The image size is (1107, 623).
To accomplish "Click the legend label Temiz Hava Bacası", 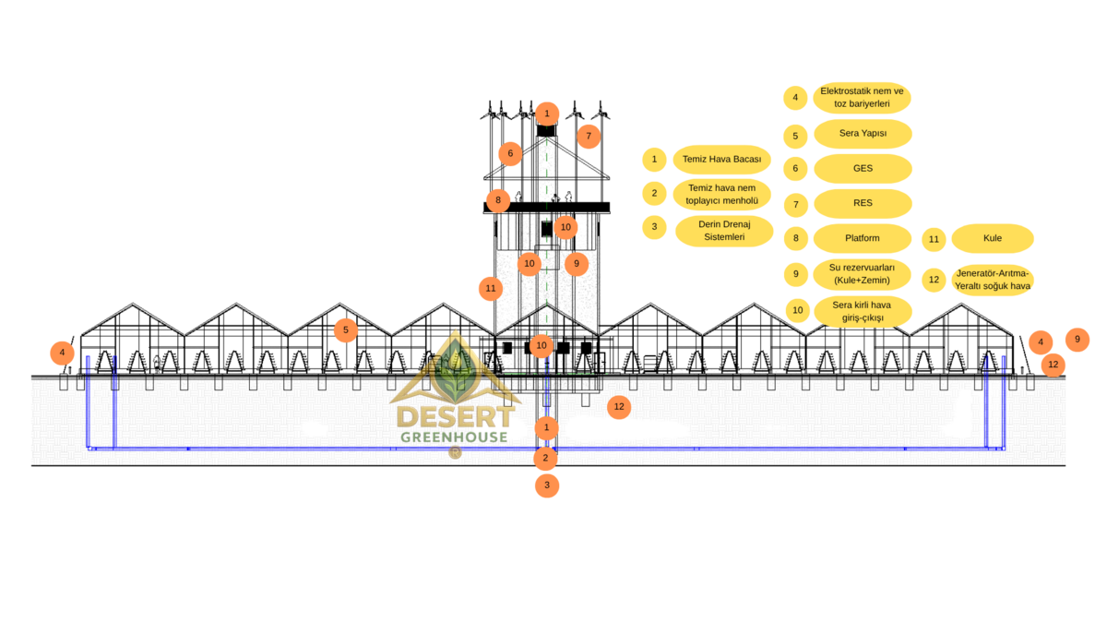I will point(721,160).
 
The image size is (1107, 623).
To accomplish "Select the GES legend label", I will point(863,169).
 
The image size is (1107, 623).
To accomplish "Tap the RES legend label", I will point(863,203).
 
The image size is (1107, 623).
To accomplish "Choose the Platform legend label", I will point(863,238).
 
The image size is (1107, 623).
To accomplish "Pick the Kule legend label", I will point(993,238).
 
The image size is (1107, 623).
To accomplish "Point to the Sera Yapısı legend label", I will point(863,134).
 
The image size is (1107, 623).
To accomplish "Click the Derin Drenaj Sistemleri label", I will point(724,231).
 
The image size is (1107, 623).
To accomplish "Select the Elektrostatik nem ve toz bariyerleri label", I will point(863,98).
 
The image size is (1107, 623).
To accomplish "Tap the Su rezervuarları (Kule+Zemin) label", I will point(863,273).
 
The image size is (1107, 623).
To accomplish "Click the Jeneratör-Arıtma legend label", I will point(993,280).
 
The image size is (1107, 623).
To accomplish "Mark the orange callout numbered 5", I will point(345,329).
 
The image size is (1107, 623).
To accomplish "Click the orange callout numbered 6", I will point(509,154).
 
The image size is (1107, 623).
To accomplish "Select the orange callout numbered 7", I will point(589,137).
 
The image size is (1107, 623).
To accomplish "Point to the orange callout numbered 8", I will point(497,199).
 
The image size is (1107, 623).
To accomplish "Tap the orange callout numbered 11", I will point(490,289).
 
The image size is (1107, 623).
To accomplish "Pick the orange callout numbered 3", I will point(547,485).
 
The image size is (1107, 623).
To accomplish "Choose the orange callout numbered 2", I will point(545,457).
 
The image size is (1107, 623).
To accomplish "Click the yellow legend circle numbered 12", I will point(934,280).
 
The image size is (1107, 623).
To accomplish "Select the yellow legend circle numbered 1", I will point(654,160).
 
